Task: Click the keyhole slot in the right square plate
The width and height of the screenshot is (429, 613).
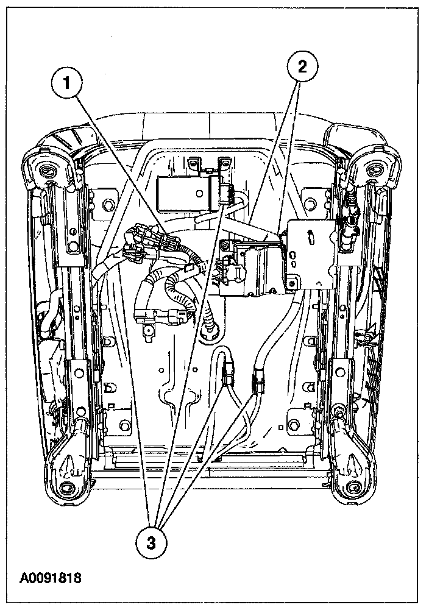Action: [x=311, y=234]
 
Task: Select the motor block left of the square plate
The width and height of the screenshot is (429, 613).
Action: [x=250, y=268]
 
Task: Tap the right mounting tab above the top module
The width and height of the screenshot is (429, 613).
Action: [x=225, y=163]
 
